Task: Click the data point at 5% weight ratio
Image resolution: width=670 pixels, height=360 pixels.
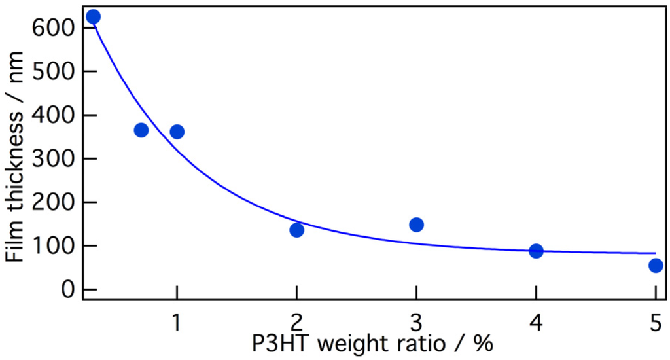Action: (x=656, y=265)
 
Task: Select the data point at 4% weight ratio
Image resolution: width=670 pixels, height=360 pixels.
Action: (x=536, y=251)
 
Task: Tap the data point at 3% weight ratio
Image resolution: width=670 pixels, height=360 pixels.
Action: (x=416, y=225)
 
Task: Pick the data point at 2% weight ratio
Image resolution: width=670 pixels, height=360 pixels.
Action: (x=296, y=230)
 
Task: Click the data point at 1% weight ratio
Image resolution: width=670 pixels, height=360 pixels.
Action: (x=177, y=132)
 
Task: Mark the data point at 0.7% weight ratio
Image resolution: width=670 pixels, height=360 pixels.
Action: (x=141, y=130)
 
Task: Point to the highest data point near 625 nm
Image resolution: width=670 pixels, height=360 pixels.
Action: (x=93, y=16)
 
